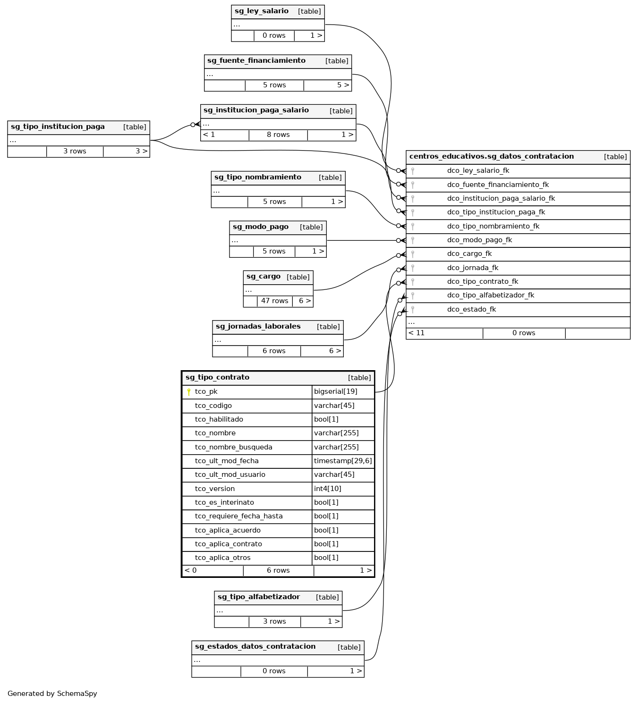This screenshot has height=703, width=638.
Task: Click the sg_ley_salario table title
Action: point(261,11)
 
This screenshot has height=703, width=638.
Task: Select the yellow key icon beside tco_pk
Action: point(189,392)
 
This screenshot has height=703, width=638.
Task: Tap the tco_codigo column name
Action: point(213,406)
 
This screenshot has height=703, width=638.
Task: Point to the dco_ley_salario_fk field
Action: point(478,171)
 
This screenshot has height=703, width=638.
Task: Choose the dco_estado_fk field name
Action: point(471,310)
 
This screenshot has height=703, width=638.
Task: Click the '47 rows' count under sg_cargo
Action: point(274,301)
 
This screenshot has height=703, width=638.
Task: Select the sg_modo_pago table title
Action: point(260,227)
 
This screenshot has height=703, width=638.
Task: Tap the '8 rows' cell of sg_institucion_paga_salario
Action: point(278,135)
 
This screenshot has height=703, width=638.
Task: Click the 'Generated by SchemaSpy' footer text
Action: point(52,694)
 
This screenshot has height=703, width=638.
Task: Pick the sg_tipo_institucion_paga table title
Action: point(58,127)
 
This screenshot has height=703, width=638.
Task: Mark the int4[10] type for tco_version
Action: point(327,489)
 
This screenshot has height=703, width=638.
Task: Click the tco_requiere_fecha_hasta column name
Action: point(238,517)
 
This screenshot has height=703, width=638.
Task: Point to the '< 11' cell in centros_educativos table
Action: point(417,333)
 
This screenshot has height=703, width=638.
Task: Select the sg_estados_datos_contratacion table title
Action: point(255,647)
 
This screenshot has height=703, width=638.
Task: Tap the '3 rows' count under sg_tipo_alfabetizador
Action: point(274,622)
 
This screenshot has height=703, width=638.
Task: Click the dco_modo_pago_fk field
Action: point(479,240)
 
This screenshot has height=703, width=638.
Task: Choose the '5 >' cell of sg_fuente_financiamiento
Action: point(343,85)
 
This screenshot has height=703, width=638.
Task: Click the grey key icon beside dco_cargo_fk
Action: point(413,254)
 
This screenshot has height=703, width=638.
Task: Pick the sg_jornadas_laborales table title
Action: point(258,327)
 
